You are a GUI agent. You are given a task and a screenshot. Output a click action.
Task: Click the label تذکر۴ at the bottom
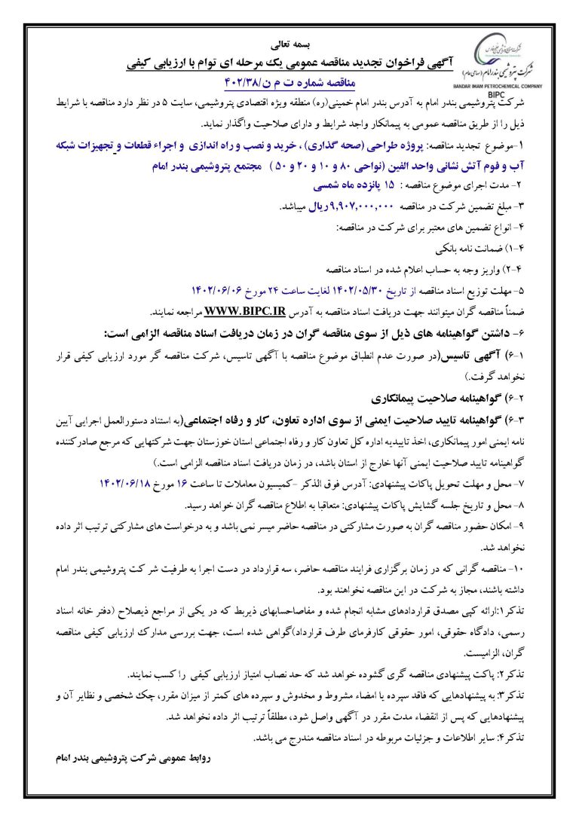click(x=539, y=735)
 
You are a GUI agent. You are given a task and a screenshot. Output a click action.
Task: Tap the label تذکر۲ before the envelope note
click(x=539, y=674)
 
